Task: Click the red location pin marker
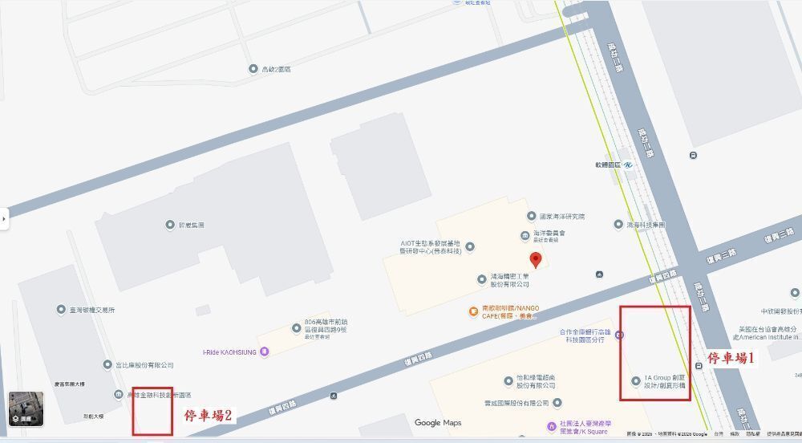pos(536,259)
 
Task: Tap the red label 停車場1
pos(731,359)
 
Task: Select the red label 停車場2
pos(208,415)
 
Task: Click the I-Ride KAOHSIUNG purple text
pos(229,352)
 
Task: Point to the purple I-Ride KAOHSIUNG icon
pos(265,352)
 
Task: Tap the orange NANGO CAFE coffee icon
pos(473,311)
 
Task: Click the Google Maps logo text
pos(438,423)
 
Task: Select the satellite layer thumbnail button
pos(26,408)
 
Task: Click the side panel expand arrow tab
pos(4,217)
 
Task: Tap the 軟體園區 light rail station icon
pos(629,165)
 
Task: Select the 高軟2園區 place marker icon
pos(253,69)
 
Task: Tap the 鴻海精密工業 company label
pos(509,279)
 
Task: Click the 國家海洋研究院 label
pos(561,217)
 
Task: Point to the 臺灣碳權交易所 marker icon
pos(61,309)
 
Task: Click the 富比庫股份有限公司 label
pos(144,365)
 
